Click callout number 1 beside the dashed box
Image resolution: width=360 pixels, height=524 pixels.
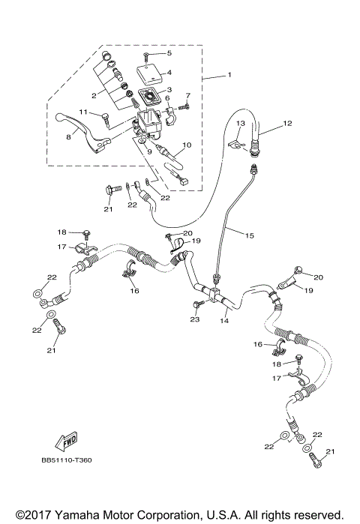229,75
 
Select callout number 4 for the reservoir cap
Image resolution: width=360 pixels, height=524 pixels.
169,73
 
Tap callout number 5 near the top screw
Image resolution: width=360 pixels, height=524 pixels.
169,53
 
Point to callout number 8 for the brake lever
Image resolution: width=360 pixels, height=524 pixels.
67,138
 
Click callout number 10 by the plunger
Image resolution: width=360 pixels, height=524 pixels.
187,145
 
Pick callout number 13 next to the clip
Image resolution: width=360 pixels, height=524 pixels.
241,123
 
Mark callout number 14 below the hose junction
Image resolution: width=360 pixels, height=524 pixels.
223,320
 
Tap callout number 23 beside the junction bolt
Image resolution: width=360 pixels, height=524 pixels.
195,319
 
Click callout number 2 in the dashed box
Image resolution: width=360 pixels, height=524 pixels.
94,96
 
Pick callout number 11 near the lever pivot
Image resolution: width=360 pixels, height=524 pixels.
85,112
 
